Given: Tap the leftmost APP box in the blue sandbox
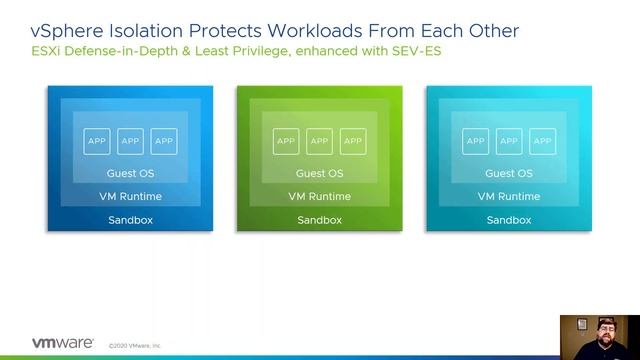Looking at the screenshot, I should click(97, 141).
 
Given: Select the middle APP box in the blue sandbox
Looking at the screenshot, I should click(130, 141).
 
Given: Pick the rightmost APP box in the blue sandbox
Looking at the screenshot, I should click(164, 141).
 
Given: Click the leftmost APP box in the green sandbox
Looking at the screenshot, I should click(286, 141).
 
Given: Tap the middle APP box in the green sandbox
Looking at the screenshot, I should click(319, 141).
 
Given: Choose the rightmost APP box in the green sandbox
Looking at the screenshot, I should click(353, 141).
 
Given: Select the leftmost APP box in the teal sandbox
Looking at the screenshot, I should click(475, 141).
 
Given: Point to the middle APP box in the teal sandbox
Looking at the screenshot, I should click(508, 141).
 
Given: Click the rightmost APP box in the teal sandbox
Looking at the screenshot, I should click(542, 141).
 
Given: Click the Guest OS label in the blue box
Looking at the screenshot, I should click(130, 174).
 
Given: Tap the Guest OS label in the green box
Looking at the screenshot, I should click(319, 174).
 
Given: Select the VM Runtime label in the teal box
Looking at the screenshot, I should click(508, 196).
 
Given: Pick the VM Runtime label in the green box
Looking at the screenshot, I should click(319, 196).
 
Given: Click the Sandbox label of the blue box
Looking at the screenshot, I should click(130, 220).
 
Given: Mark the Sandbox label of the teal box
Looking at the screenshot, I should click(508, 220).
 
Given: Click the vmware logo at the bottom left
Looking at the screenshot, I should click(63, 342).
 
